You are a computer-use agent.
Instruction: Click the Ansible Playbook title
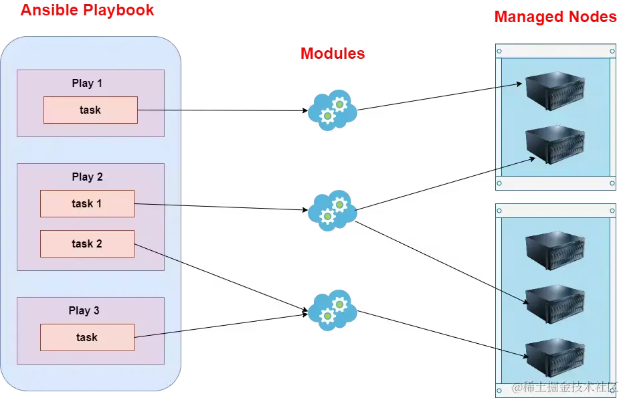[x=87, y=10]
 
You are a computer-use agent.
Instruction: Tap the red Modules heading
[x=332, y=54]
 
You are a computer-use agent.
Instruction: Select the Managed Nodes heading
[x=555, y=17]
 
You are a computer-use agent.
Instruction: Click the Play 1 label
[x=87, y=83]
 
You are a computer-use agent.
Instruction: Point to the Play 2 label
[x=87, y=177]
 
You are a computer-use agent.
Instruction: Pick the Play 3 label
[x=84, y=310]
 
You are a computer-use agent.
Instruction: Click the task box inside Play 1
[x=90, y=110]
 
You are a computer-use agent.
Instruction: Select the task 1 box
[x=87, y=203]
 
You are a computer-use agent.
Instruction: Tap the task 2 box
[x=87, y=243]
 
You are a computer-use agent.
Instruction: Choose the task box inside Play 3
[x=87, y=337]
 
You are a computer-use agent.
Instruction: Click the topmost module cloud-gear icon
[x=332, y=110]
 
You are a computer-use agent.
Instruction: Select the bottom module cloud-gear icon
[x=332, y=309]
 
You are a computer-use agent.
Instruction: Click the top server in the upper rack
[x=555, y=91]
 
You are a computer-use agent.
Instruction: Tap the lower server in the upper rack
[x=555, y=144]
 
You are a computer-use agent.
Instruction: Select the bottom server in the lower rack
[x=555, y=357]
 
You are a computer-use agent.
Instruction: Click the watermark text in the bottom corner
[x=565, y=388]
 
